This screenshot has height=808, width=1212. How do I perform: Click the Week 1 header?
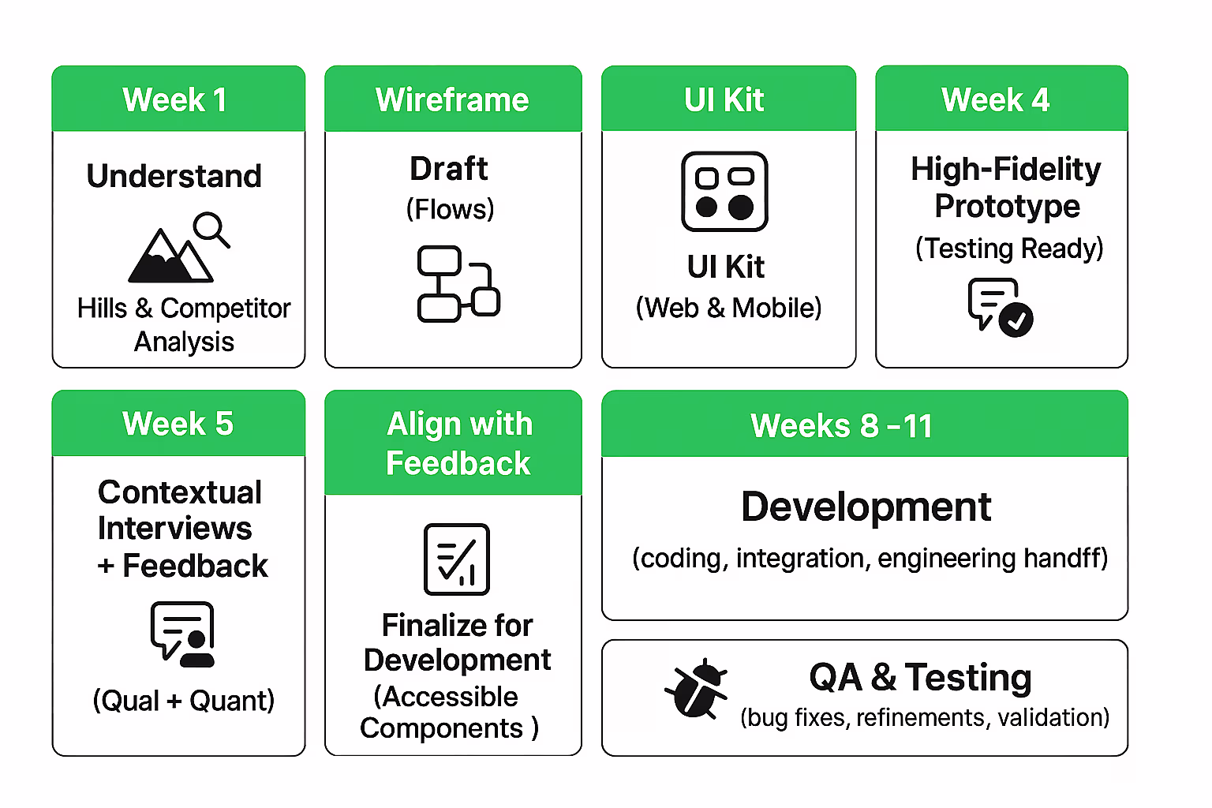tap(175, 100)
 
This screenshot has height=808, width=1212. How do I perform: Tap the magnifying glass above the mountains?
tap(211, 229)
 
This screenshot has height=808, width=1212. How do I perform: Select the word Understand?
tap(174, 176)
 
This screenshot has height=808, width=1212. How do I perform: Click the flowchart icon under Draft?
tap(458, 284)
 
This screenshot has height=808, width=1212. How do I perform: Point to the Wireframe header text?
tap(452, 100)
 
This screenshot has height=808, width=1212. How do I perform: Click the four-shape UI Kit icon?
tap(724, 192)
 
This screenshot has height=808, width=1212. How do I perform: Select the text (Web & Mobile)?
tap(728, 308)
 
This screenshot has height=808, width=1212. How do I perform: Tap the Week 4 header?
tap(996, 100)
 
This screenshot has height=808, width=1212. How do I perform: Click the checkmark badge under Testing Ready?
tap(1016, 320)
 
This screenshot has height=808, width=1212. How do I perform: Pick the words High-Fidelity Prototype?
tap(1006, 188)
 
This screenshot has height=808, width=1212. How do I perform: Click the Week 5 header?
tap(178, 424)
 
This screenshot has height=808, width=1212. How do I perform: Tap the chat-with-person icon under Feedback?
tap(183, 634)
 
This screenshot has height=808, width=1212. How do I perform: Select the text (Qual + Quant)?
tap(183, 701)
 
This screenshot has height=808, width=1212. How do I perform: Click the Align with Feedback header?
tap(459, 443)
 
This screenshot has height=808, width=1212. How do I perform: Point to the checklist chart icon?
tap(457, 559)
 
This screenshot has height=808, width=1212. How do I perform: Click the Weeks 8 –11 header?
tap(841, 426)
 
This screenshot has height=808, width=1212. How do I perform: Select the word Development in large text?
tap(866, 507)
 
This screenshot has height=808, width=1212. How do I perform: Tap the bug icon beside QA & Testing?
tap(696, 688)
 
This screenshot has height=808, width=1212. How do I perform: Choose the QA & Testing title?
tap(920, 678)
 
